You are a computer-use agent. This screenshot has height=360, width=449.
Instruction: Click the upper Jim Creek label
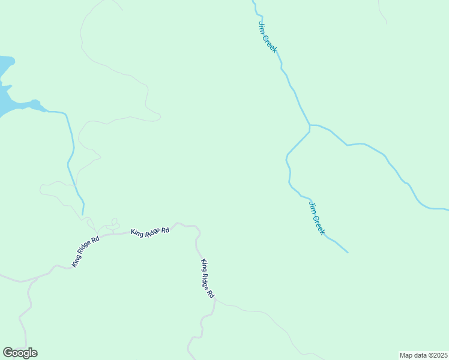268,37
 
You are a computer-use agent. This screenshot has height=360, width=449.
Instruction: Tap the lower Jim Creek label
317,218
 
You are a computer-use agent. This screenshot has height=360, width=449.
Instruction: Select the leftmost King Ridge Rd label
85,251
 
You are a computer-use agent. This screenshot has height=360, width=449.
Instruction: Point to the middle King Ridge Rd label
150,232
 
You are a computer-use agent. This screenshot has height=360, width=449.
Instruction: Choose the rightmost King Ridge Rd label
208,278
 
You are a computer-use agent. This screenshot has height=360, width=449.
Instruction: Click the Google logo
20,353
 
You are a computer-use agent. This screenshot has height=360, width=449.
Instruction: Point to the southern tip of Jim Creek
348,253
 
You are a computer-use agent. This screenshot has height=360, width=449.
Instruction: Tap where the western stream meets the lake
45,110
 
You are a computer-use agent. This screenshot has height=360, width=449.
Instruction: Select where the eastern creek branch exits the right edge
447,210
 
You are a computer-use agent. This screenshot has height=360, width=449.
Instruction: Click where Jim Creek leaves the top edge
253,2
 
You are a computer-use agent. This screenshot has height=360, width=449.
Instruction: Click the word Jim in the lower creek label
312,206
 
